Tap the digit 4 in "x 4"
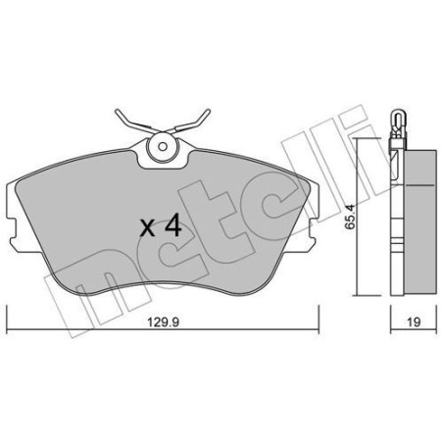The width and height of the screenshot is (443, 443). tap(173, 226)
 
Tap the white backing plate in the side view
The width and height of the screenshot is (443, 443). tap(395, 221)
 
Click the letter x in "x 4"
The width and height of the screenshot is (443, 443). tap(147, 229)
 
